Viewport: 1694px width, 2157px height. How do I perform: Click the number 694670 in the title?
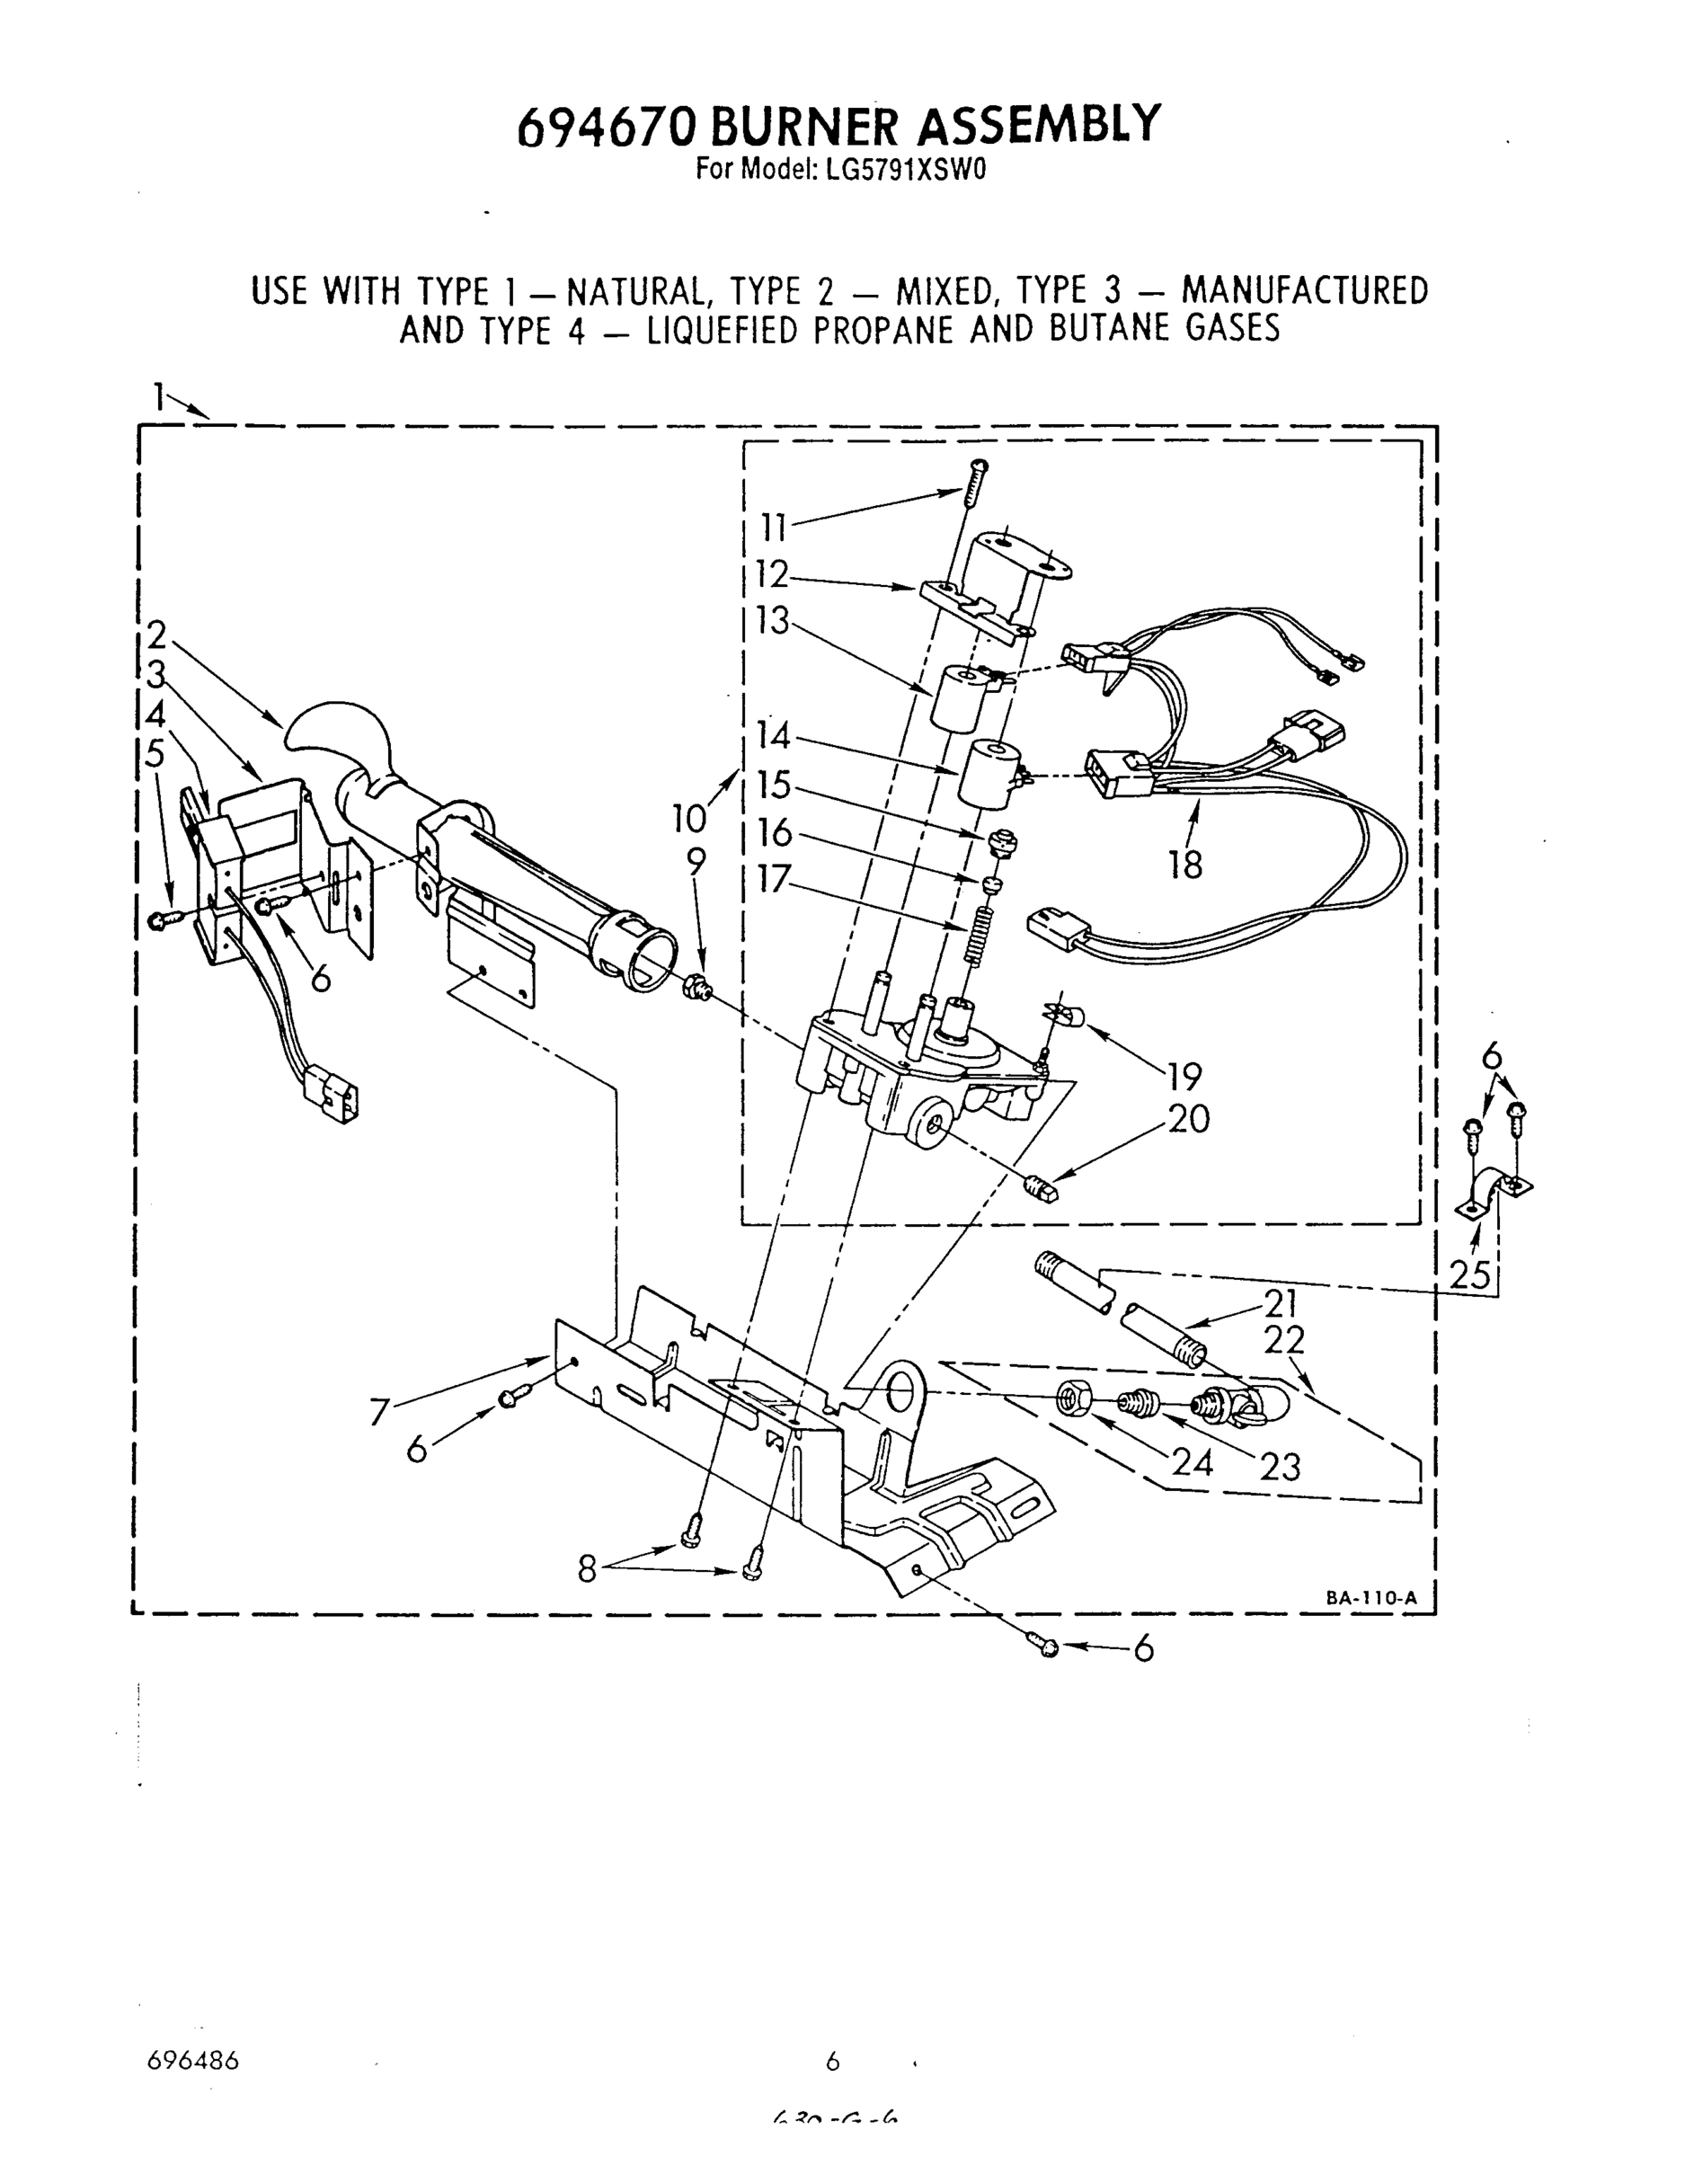click(x=609, y=127)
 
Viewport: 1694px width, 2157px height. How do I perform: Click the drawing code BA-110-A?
click(x=1371, y=1598)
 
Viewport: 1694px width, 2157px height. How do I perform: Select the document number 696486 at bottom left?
click(x=192, y=2061)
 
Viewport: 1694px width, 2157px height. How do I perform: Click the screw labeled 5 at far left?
click(x=164, y=921)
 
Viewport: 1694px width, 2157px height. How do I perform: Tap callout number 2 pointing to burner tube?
click(x=155, y=635)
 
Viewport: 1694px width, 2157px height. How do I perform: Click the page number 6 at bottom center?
click(x=832, y=2061)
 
